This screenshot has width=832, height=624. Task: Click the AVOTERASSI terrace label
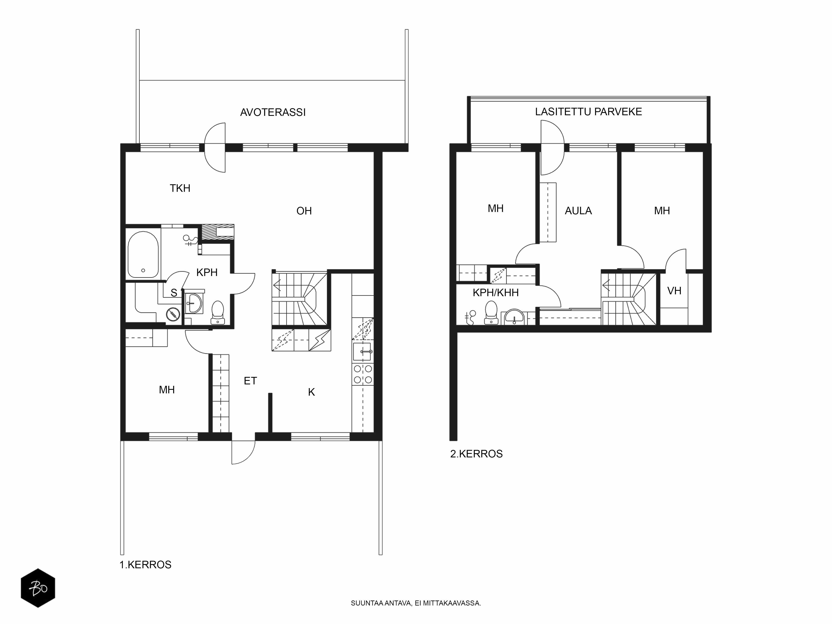tap(273, 113)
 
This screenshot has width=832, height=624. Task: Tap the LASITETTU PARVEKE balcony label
tap(588, 112)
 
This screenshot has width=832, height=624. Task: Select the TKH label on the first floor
tap(180, 188)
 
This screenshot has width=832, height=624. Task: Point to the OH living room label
tap(304, 211)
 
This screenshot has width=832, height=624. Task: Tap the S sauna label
tap(174, 293)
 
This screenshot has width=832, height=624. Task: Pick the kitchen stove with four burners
tap(363, 374)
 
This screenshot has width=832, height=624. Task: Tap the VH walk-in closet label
tap(674, 291)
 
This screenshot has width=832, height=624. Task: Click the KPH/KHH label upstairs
tap(495, 293)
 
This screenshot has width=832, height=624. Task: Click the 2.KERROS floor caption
tap(476, 454)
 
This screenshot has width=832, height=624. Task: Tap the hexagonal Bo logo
tap(38, 588)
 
